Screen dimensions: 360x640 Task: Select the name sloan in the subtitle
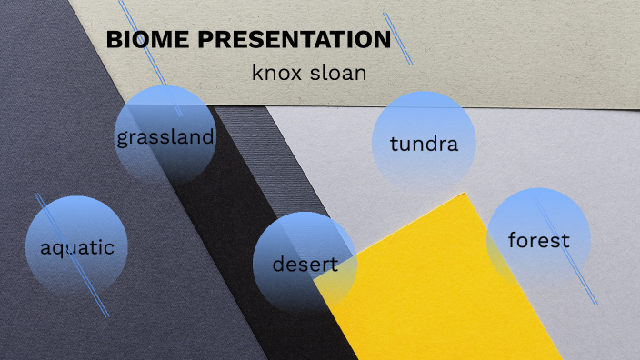(x=337, y=73)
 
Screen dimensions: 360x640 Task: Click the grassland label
(x=165, y=138)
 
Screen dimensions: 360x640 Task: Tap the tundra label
(x=419, y=144)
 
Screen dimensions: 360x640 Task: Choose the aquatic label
(x=77, y=246)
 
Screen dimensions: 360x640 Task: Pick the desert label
(x=305, y=265)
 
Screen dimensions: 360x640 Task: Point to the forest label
(x=538, y=240)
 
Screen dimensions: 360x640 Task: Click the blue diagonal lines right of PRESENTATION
(x=398, y=39)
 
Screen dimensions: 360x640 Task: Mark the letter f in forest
(x=513, y=240)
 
